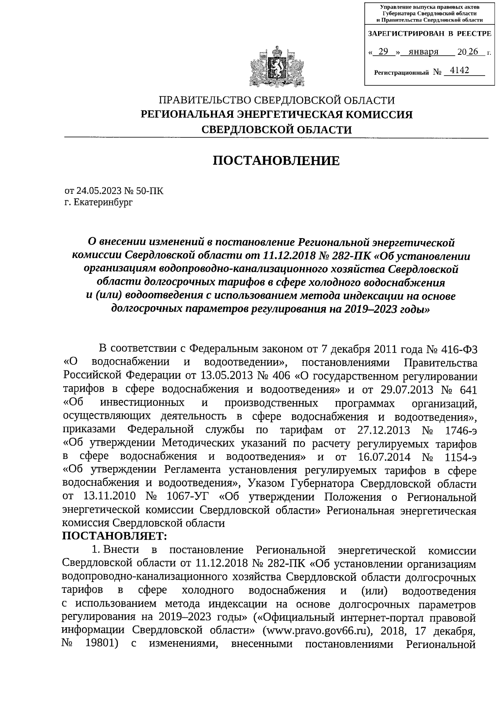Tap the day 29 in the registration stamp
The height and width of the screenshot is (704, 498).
click(x=383, y=52)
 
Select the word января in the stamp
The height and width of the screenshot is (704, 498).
click(x=423, y=52)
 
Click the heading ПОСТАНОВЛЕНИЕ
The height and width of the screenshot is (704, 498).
click(x=276, y=161)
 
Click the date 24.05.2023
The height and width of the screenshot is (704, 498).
click(x=99, y=191)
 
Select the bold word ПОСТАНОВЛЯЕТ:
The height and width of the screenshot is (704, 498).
click(x=115, y=536)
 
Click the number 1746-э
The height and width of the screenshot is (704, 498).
click(x=458, y=430)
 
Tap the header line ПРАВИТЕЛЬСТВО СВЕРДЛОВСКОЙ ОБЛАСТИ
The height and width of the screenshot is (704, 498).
click(x=276, y=100)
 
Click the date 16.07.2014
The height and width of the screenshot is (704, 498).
click(x=383, y=457)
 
